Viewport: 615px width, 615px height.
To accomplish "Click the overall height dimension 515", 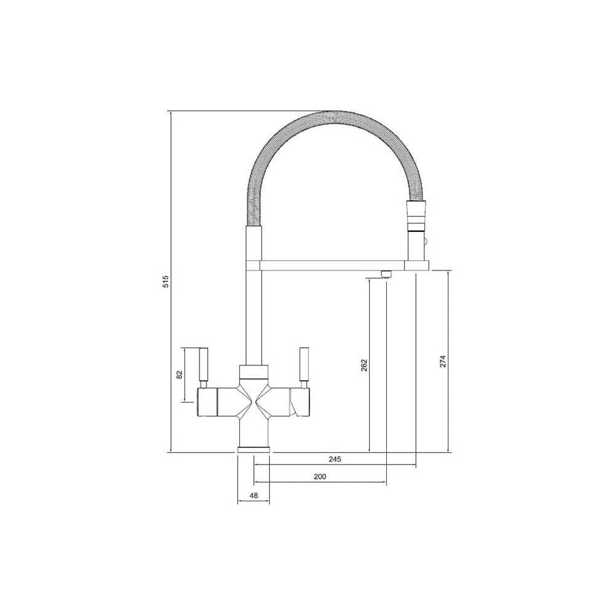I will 164,282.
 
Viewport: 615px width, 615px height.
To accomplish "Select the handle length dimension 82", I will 179,375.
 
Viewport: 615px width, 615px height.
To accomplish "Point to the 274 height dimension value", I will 443,362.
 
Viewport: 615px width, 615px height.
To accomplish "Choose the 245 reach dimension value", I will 335,459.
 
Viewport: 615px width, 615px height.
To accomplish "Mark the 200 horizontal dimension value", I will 320,477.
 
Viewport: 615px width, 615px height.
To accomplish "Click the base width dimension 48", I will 253,494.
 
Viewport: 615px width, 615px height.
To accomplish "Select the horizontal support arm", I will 332,265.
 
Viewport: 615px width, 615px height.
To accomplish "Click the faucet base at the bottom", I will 253,448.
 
